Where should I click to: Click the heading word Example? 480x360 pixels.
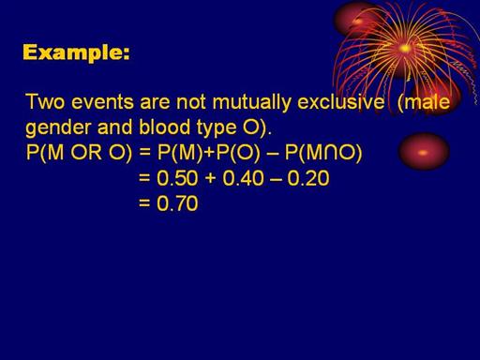[x=76, y=52]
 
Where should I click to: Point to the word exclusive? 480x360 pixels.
[x=340, y=102]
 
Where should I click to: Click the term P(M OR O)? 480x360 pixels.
[x=80, y=153]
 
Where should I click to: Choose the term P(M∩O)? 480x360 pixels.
[x=323, y=153]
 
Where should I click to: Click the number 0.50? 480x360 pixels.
[x=177, y=178]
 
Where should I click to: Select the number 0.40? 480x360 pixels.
[x=243, y=178]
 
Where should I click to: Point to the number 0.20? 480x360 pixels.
[x=308, y=178]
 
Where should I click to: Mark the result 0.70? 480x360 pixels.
[x=177, y=203]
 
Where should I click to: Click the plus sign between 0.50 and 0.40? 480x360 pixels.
[x=211, y=179]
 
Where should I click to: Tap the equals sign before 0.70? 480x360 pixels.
[x=144, y=203]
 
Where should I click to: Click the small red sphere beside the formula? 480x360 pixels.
[x=424, y=151]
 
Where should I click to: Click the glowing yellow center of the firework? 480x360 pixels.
[x=405, y=49]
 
